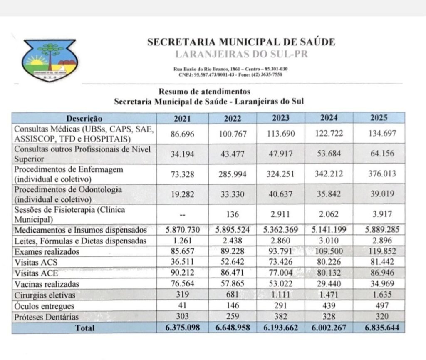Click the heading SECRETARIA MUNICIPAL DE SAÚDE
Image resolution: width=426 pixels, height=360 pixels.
tap(241, 42)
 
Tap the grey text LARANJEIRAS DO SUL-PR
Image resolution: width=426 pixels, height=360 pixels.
tap(241, 54)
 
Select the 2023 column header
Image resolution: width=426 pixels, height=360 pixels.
tap(281, 118)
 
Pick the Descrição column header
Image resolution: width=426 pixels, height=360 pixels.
tap(84, 118)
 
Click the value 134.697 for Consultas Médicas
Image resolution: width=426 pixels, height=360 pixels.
tap(379, 134)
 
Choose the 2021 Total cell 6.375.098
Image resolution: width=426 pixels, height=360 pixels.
tap(183, 328)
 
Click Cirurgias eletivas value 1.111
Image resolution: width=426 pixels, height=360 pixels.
tap(281, 295)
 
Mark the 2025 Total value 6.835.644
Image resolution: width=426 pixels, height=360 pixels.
tap(379, 328)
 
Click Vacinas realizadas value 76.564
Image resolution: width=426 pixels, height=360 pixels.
tap(183, 284)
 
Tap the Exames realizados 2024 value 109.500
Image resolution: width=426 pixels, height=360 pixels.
tap(329, 252)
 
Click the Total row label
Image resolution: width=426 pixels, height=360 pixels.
tap(84, 328)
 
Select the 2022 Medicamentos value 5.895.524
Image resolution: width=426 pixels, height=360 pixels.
tap(233, 230)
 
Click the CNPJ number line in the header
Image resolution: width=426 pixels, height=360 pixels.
tap(230, 74)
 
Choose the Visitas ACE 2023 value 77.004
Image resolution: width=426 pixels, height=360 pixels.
tap(281, 273)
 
